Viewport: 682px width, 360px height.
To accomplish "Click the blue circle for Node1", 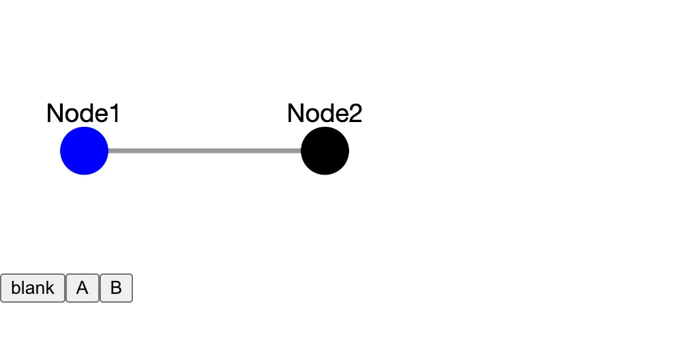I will click(x=84, y=151).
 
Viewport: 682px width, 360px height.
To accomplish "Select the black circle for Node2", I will click(x=325, y=151).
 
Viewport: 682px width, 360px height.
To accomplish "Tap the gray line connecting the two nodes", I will click(x=205, y=151).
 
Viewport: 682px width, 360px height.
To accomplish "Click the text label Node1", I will click(x=83, y=114).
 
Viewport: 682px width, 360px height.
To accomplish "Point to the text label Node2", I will click(x=325, y=114).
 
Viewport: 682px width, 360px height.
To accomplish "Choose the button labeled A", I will click(x=83, y=288).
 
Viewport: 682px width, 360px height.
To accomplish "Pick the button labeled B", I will click(x=116, y=288).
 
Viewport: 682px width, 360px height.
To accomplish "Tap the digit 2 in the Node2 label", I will click(x=355, y=114).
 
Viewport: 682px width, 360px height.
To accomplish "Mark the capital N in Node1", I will click(x=55, y=114).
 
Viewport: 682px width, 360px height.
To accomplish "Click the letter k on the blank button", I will click(x=50, y=288).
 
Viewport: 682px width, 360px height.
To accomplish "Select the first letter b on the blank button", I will click(x=15, y=288).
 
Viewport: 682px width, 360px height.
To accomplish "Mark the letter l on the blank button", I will click(x=23, y=288).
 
